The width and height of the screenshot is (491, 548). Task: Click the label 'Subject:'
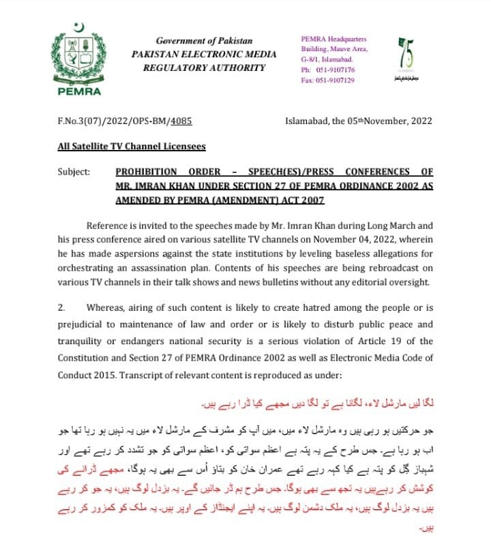click(x=74, y=172)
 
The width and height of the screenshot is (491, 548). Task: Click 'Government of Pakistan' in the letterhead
click(x=204, y=41)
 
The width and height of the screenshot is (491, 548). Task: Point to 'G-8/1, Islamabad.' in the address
click(x=330, y=59)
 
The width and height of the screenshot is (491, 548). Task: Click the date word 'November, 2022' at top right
click(x=400, y=121)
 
